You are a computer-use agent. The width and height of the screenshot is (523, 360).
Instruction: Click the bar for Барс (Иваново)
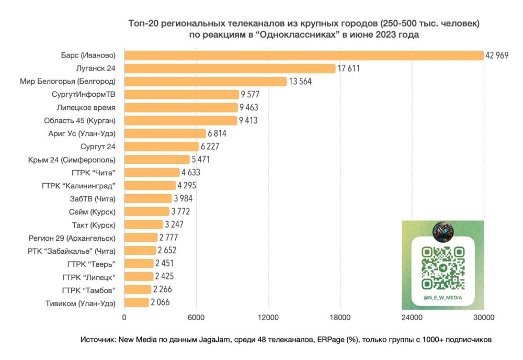[x=303, y=55]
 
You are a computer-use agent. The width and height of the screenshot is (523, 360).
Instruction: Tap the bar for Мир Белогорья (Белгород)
[x=205, y=82]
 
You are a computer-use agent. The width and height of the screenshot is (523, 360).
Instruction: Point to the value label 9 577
[x=250, y=95]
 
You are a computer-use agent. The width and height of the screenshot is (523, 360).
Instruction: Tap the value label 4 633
[x=191, y=173]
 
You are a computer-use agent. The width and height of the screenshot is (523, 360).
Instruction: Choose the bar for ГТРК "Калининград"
[x=150, y=185]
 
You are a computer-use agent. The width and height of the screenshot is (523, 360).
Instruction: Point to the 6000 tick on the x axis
[x=196, y=317]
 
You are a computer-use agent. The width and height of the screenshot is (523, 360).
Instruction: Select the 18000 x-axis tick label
[x=339, y=317]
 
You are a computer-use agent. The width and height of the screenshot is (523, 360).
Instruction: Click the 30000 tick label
[x=483, y=317]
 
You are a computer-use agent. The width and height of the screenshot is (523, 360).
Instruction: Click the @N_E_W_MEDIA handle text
[x=443, y=298]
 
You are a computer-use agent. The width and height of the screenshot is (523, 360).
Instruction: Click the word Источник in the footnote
[x=98, y=340]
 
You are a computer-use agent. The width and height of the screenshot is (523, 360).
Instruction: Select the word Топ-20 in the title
[x=142, y=24]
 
